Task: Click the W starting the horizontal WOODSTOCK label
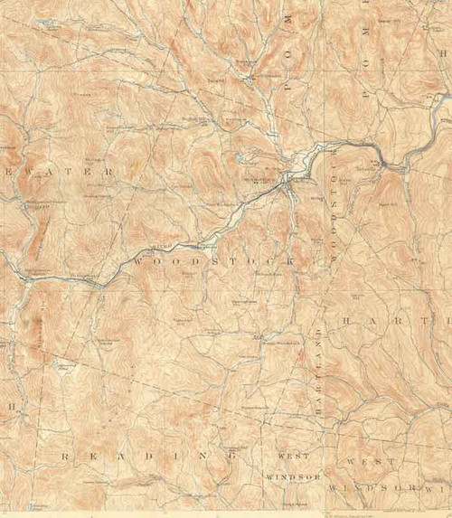click(137, 260)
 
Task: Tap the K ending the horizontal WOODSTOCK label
click(291, 260)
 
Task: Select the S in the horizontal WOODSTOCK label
click(215, 260)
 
